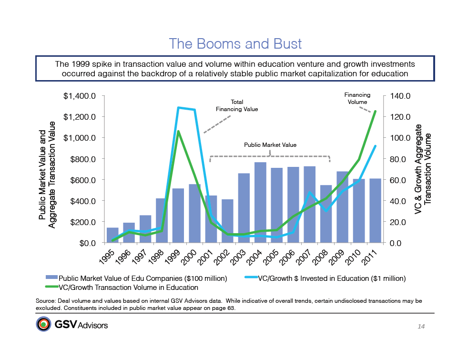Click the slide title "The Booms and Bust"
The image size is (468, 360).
click(x=235, y=44)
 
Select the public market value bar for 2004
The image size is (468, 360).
click(x=260, y=203)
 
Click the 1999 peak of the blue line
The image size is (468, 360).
click(x=178, y=108)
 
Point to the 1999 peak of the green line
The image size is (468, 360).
click(x=178, y=131)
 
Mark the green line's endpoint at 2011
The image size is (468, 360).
click(x=376, y=111)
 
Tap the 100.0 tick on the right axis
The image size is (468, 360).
click(x=401, y=138)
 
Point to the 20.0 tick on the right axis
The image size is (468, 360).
click(x=401, y=222)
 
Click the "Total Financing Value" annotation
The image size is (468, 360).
click(x=237, y=105)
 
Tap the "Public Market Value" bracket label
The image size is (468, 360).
click(x=270, y=144)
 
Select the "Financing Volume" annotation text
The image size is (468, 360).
click(x=357, y=98)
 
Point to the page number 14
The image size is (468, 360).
click(x=421, y=326)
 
